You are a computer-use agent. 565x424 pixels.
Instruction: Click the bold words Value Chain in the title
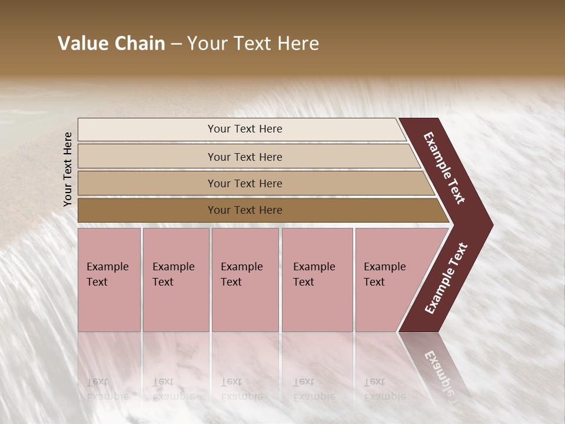pyautogui.click(x=111, y=44)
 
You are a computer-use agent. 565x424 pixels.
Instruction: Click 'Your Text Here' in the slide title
pyautogui.click(x=253, y=44)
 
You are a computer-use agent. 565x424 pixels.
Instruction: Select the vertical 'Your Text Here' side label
pyautogui.click(x=68, y=169)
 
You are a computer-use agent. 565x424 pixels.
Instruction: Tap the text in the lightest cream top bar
pyautogui.click(x=245, y=129)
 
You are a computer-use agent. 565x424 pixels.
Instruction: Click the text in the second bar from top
pyautogui.click(x=245, y=157)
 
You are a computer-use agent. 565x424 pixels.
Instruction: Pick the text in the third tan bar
pyautogui.click(x=245, y=183)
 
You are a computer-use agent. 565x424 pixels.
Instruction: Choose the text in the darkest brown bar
pyautogui.click(x=245, y=210)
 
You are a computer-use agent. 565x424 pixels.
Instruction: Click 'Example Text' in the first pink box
pyautogui.click(x=107, y=274)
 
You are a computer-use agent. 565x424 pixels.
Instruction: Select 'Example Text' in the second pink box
pyautogui.click(x=173, y=274)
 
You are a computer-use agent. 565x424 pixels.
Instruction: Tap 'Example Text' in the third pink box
pyautogui.click(x=241, y=274)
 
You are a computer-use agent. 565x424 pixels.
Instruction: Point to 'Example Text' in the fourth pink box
pyautogui.click(x=314, y=274)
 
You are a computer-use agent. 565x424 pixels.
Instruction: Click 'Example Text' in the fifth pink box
pyautogui.click(x=384, y=274)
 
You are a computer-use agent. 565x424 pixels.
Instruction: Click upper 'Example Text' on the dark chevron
pyautogui.click(x=445, y=168)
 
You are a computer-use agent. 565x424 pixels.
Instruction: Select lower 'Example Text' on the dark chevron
pyautogui.click(x=446, y=279)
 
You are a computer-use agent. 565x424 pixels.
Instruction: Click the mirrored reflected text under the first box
pyautogui.click(x=107, y=389)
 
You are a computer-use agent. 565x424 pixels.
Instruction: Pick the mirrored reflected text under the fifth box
pyautogui.click(x=384, y=389)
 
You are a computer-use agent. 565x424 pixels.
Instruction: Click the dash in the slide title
pyautogui.click(x=176, y=44)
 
